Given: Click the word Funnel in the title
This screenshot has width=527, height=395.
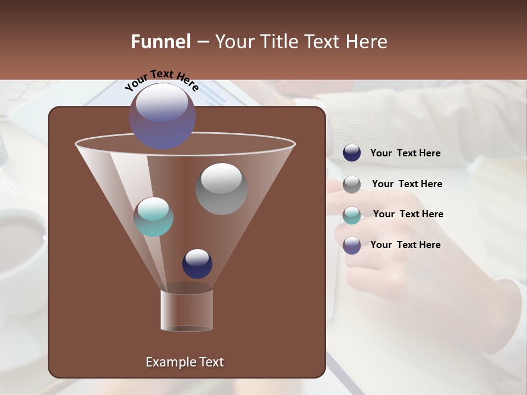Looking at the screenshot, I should tap(160, 42).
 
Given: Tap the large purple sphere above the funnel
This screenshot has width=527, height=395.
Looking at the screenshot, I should tap(162, 116).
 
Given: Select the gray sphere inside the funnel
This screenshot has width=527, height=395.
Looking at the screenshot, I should tap(221, 189).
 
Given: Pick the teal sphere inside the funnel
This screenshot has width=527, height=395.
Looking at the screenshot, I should tap(153, 217).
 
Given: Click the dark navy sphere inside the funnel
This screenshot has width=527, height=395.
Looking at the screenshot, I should tap(197, 263).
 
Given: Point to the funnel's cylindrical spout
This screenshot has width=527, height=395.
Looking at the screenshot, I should tap(187, 310).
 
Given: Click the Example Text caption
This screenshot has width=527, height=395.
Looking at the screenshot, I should tap(184, 362).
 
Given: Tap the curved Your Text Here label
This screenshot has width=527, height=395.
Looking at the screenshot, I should tap(161, 80).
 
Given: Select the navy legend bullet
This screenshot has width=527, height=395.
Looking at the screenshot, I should tap(352, 153).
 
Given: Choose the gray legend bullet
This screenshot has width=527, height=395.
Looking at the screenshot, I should tap(352, 184).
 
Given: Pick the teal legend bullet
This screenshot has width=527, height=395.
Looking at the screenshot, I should tap(352, 215).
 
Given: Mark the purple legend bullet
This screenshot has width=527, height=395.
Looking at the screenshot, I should tap(352, 245).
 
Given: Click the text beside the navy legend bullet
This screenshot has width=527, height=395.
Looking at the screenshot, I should tap(405, 154).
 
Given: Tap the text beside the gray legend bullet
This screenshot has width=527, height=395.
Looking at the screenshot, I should tap(407, 184).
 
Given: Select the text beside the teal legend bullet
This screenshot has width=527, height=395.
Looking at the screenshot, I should tap(408, 215).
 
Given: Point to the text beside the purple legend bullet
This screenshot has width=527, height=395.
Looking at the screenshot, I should tap(405, 245).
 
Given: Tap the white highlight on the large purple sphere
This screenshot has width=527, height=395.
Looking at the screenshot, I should tap(161, 102).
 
